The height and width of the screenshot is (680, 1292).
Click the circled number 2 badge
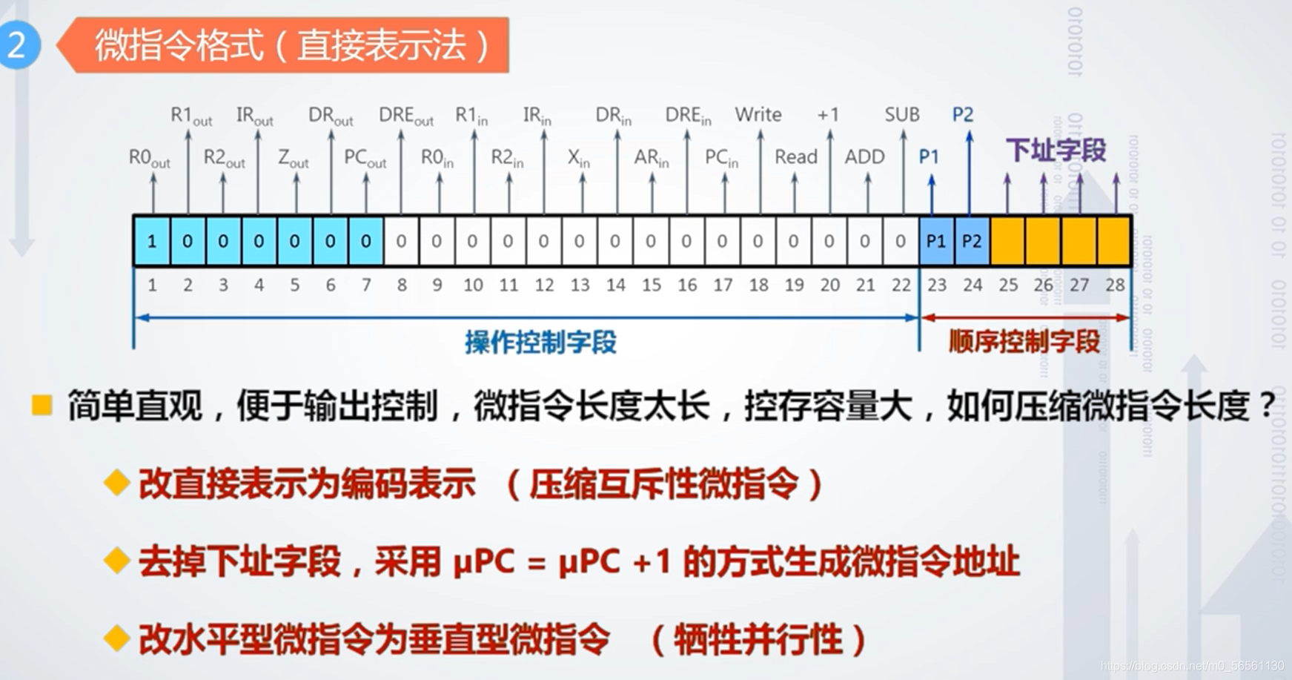pyautogui.click(x=17, y=45)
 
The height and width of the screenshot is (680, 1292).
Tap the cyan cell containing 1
pyautogui.click(x=152, y=241)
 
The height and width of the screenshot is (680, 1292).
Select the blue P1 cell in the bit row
pyautogui.click(x=936, y=241)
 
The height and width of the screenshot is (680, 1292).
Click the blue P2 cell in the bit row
pyautogui.click(x=972, y=241)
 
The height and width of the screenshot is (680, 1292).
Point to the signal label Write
pyautogui.click(x=758, y=114)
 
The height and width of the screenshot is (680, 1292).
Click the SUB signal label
pyautogui.click(x=901, y=114)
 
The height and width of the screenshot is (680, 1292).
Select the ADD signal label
pyautogui.click(x=864, y=157)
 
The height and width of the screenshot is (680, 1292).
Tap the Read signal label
pyautogui.click(x=795, y=157)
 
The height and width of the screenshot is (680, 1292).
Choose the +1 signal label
pyautogui.click(x=828, y=115)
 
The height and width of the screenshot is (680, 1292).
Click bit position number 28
pyautogui.click(x=1115, y=285)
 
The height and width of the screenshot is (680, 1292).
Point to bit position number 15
pyautogui.click(x=651, y=285)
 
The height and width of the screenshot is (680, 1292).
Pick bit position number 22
pyautogui.click(x=901, y=285)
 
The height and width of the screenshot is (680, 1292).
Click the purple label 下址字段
pyautogui.click(x=1056, y=151)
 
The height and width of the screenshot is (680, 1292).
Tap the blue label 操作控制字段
pyautogui.click(x=540, y=342)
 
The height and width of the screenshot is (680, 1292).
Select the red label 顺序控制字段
pyautogui.click(x=1024, y=342)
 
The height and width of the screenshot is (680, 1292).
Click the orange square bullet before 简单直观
pyautogui.click(x=42, y=405)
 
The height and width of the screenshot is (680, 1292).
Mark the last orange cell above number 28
pyautogui.click(x=1114, y=241)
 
